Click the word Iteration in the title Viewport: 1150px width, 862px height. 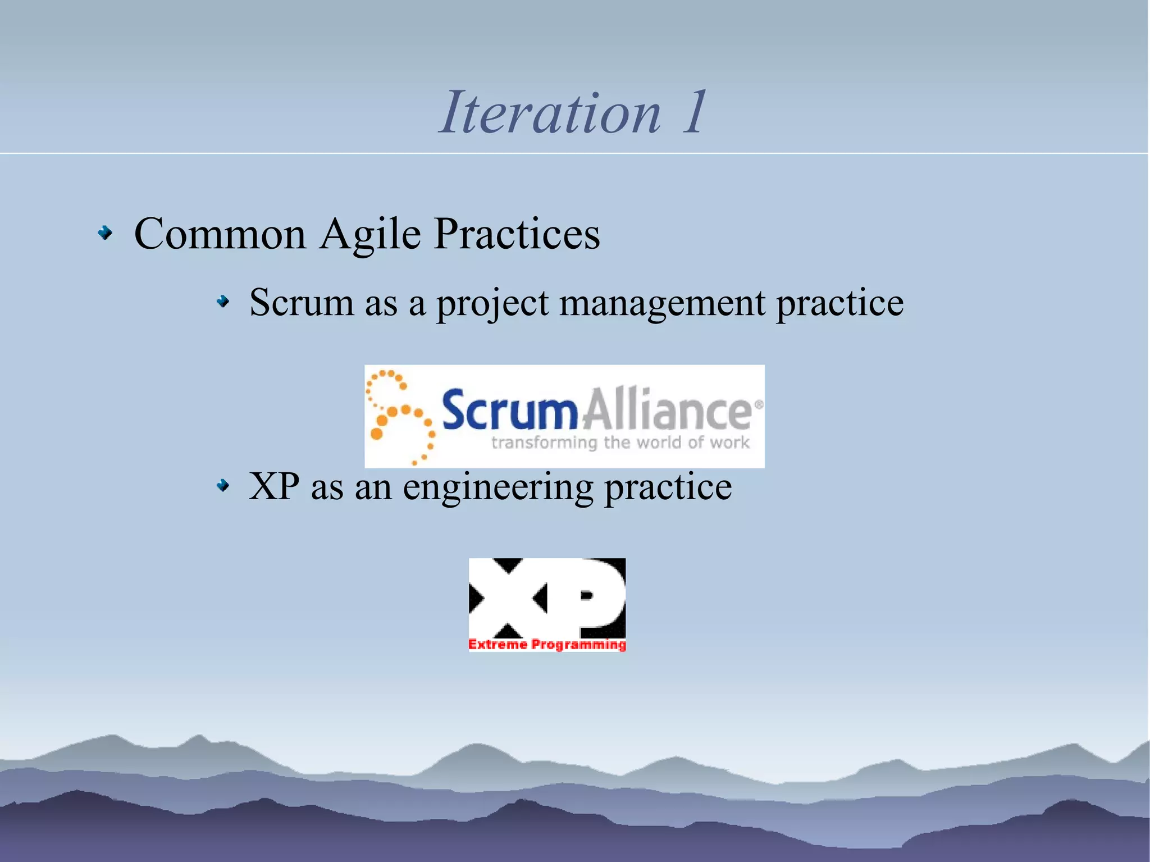550,113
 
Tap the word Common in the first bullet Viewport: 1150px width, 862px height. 220,234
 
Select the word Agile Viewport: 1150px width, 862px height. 371,234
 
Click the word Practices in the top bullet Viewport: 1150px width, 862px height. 517,234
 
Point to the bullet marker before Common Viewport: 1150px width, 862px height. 105,232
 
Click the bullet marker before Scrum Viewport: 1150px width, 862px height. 223,303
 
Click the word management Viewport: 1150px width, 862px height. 663,303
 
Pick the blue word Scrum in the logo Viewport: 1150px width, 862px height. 509,410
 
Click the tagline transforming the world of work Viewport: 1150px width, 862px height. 620,443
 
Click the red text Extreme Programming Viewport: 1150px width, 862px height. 547,644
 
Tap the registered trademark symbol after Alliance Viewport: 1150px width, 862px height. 759,404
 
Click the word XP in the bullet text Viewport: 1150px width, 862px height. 274,486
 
